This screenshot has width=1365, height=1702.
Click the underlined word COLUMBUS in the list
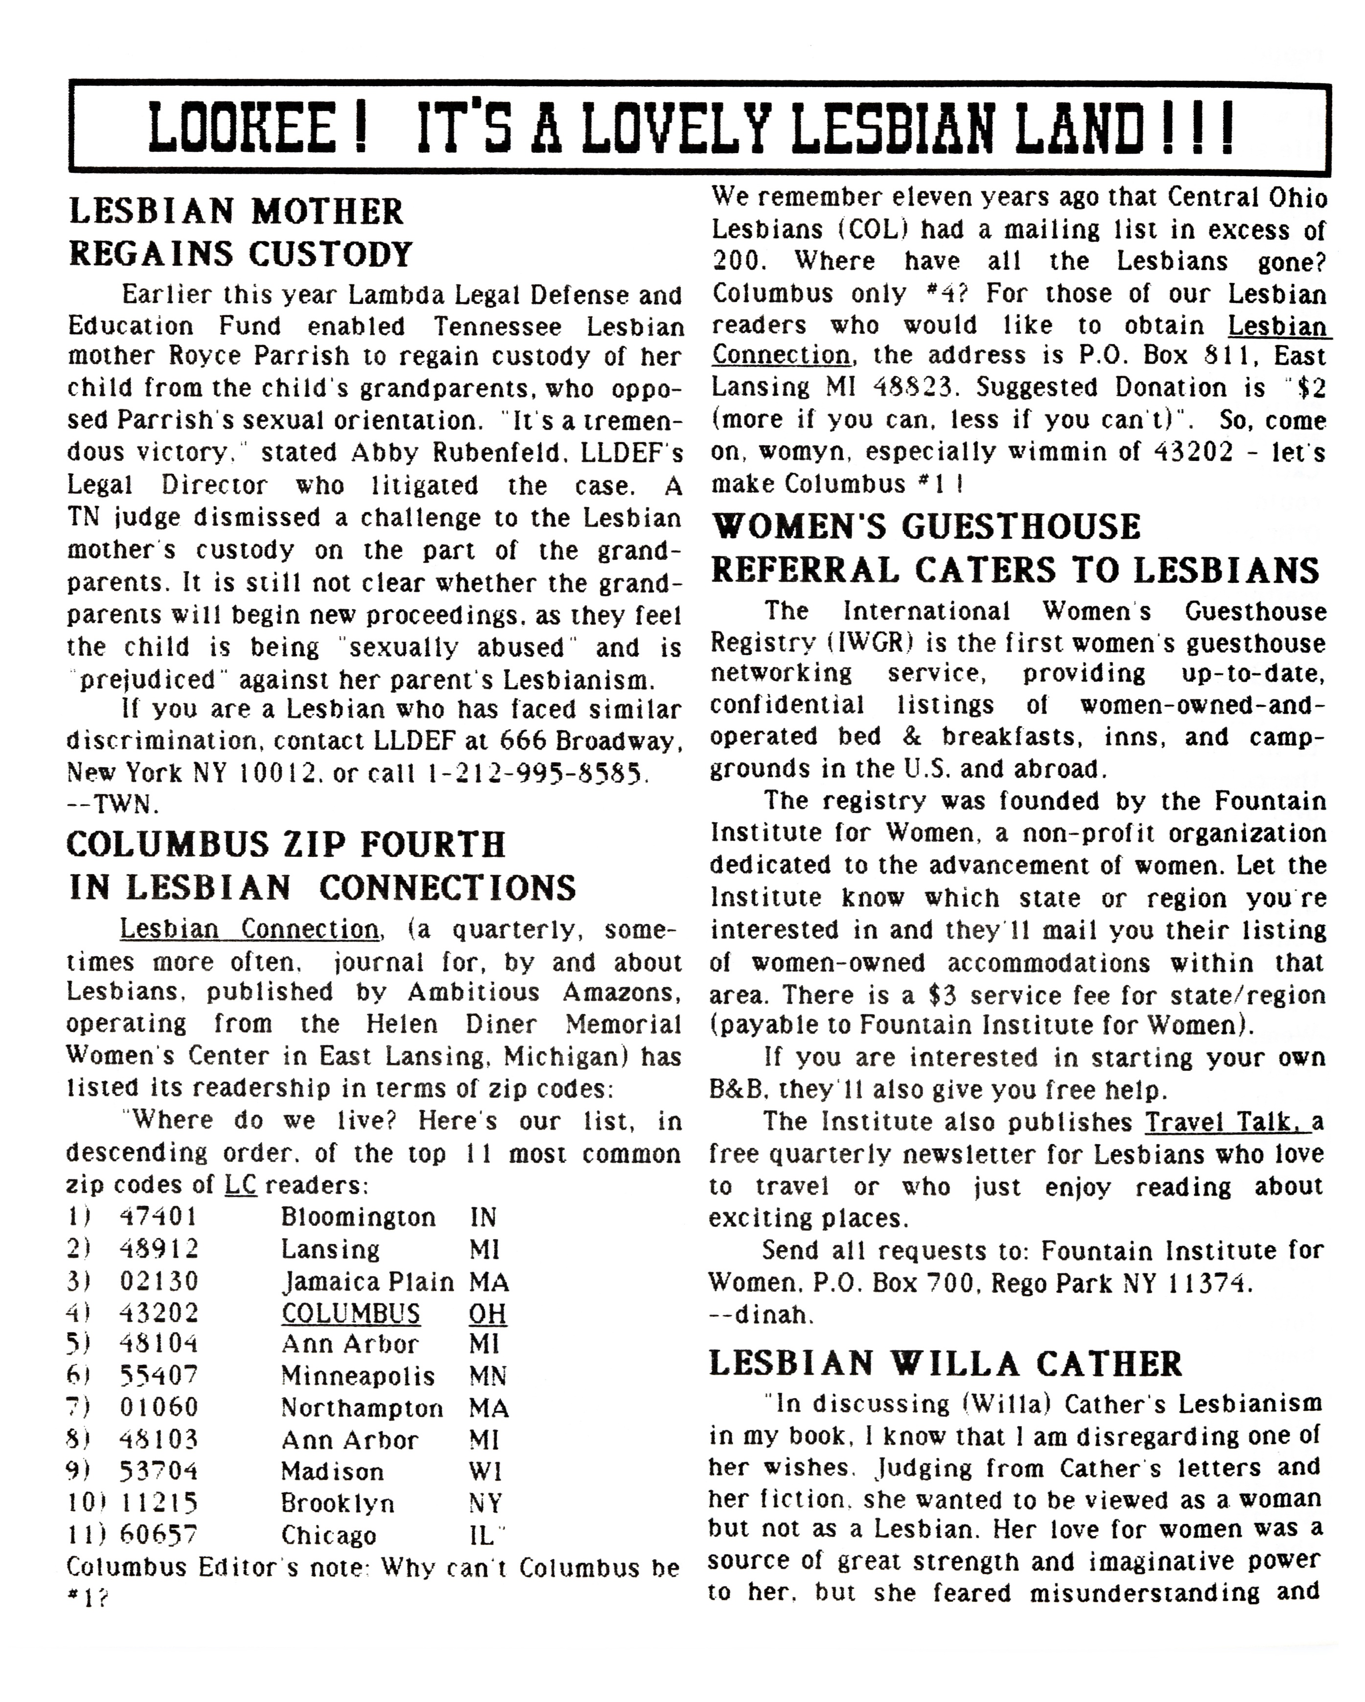pyautogui.click(x=350, y=1313)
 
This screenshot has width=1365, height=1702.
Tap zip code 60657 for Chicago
pyautogui.click(x=158, y=1535)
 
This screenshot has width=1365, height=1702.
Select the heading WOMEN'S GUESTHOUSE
pyautogui.click(x=926, y=527)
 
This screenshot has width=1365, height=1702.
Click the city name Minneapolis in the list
pyautogui.click(x=358, y=1376)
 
